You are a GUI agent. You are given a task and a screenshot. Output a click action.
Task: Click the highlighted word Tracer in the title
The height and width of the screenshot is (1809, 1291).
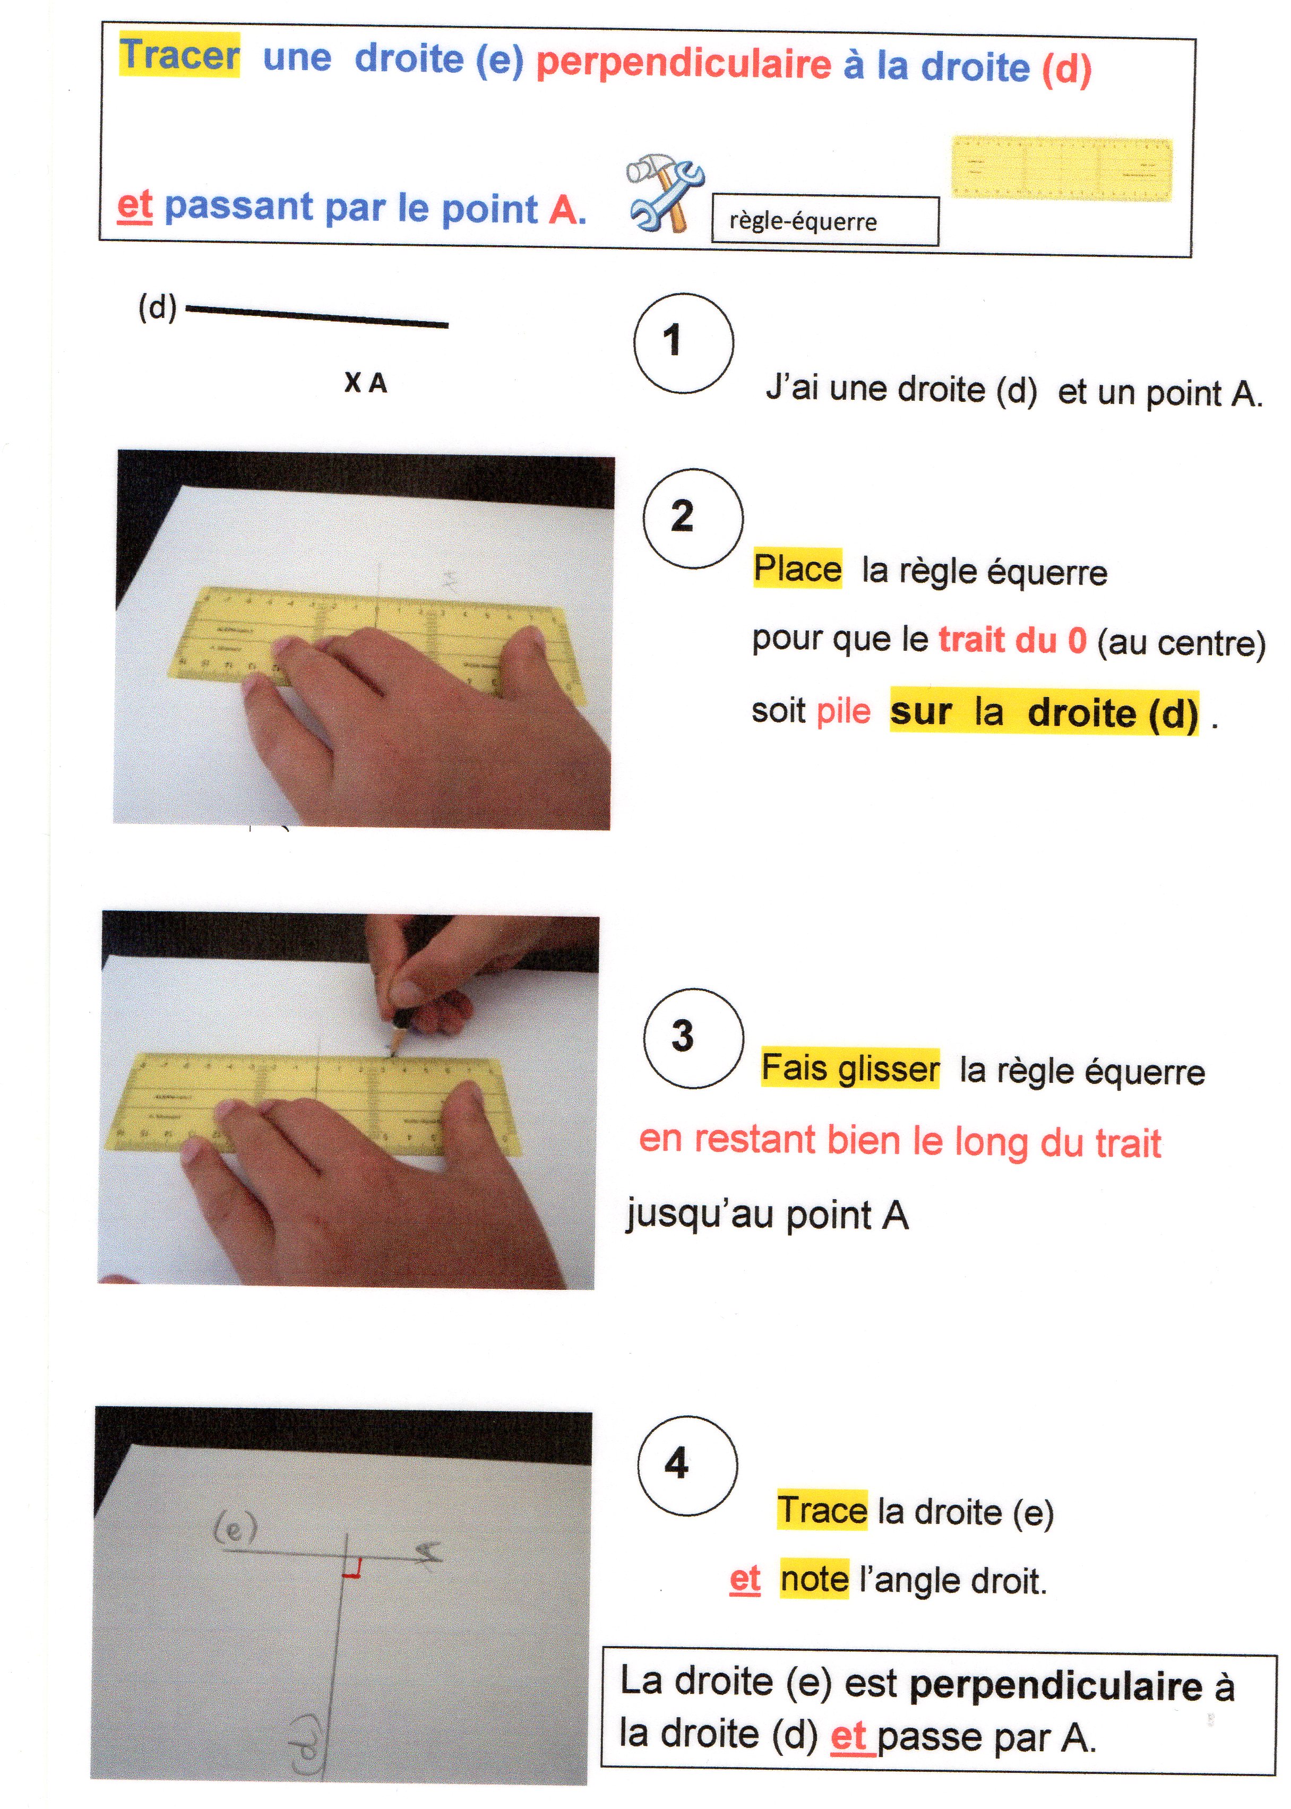(x=179, y=55)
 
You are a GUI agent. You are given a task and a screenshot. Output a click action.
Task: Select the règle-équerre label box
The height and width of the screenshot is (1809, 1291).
(x=825, y=221)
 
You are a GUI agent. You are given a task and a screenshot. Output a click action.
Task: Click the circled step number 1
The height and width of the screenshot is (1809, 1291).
(x=684, y=342)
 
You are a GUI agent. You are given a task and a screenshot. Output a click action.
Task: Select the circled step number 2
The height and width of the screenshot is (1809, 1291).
(x=693, y=518)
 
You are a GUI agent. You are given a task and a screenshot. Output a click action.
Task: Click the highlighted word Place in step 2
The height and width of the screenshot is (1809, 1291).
(x=797, y=569)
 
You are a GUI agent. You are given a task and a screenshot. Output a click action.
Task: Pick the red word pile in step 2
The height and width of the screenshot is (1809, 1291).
(x=844, y=711)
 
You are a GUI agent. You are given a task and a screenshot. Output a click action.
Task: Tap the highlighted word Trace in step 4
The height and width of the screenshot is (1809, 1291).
(x=823, y=1510)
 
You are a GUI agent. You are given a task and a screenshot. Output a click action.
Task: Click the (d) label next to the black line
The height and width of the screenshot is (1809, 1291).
(x=158, y=307)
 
